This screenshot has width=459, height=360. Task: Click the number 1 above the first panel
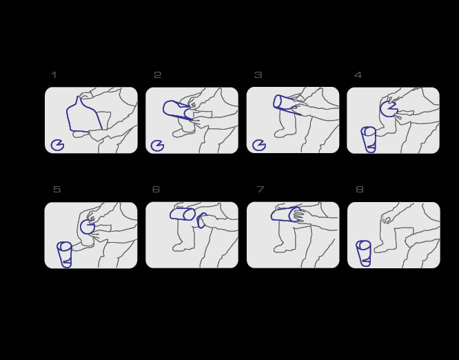click(x=54, y=75)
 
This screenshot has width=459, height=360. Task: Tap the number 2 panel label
click(x=158, y=75)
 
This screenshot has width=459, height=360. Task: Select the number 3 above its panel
click(x=258, y=75)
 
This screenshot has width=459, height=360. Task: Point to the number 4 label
click(x=358, y=75)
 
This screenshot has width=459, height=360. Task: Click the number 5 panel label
click(x=57, y=189)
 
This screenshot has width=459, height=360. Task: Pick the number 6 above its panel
click(x=156, y=189)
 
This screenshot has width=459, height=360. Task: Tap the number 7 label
click(x=261, y=189)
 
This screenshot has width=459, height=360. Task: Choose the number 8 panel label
click(x=360, y=189)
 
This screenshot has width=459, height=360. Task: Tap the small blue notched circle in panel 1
click(x=52, y=146)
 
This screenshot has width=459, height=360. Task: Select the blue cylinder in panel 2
click(x=164, y=110)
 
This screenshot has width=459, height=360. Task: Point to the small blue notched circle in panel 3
click(x=254, y=145)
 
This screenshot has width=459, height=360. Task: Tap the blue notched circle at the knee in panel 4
click(x=381, y=109)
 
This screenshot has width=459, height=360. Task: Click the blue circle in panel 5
click(x=81, y=227)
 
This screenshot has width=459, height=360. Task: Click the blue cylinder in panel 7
click(x=272, y=215)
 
